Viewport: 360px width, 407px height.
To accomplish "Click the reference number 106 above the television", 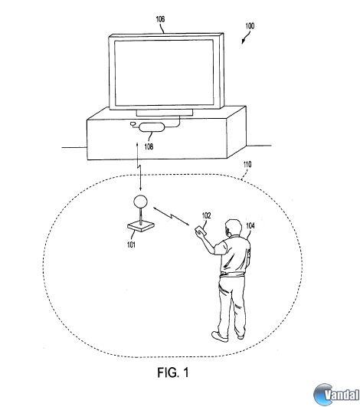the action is pyautogui.click(x=160, y=19).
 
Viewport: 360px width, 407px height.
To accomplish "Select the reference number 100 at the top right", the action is pyautogui.click(x=250, y=26).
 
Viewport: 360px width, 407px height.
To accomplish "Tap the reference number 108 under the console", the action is pyautogui.click(x=149, y=146).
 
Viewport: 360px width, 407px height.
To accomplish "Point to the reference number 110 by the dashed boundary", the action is pyautogui.click(x=247, y=165).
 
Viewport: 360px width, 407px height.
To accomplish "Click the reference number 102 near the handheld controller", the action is pyautogui.click(x=207, y=215).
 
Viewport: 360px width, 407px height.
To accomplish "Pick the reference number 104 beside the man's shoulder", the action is pyautogui.click(x=250, y=225).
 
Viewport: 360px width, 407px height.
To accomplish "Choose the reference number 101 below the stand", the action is pyautogui.click(x=131, y=245).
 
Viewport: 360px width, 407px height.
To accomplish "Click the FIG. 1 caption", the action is pyautogui.click(x=173, y=373).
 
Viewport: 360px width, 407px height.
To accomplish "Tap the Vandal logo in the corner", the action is pyautogui.click(x=336, y=395).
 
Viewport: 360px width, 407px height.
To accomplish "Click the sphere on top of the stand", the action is pyautogui.click(x=140, y=201).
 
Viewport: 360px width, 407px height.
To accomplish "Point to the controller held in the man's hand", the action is pyautogui.click(x=201, y=230).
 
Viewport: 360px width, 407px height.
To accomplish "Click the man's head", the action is pyautogui.click(x=233, y=227).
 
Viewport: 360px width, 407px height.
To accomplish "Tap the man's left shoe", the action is pyautogui.click(x=220, y=336).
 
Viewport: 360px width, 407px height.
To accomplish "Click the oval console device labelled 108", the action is pyautogui.click(x=152, y=127).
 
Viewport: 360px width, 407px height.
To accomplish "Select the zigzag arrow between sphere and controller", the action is pyautogui.click(x=172, y=216).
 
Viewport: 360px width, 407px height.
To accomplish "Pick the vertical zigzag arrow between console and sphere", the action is pyautogui.click(x=139, y=166).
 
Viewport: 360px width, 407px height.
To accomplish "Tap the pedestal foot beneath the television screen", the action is pyautogui.click(x=165, y=113).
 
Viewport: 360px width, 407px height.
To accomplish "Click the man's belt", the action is pyautogui.click(x=232, y=274).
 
